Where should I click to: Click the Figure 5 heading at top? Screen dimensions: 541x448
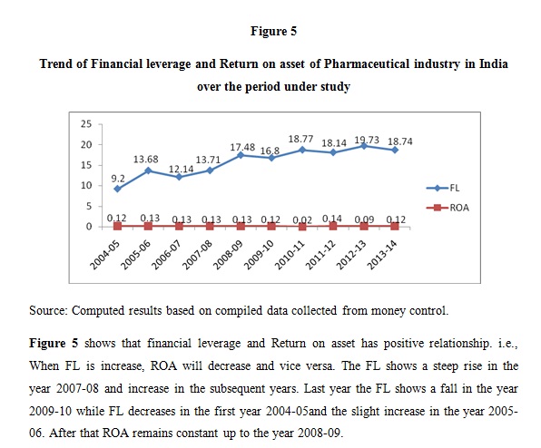tap(273, 31)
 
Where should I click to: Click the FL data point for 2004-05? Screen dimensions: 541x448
tap(117, 189)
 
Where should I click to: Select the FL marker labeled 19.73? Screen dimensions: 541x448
tap(364, 146)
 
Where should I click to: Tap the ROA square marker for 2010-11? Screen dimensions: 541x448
tap(302, 227)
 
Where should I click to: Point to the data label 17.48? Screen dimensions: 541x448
tap(242, 147)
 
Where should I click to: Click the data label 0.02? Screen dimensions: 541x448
tap(302, 219)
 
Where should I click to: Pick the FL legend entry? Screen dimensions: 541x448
tap(443, 188)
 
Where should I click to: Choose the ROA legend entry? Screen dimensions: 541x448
tap(448, 208)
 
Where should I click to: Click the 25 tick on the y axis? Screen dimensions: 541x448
tap(86, 124)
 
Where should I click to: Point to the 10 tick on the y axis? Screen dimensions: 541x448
tap(86, 185)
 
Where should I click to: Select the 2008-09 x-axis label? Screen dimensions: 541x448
tap(228, 255)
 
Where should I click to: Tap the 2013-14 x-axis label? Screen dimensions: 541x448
tap(382, 255)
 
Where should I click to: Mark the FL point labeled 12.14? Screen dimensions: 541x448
tap(179, 177)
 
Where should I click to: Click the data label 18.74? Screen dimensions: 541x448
tap(400, 141)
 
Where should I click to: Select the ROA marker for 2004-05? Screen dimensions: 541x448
tap(117, 226)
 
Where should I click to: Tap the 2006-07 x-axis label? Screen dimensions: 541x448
tap(166, 255)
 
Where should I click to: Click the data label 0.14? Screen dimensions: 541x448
tap(332, 219)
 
